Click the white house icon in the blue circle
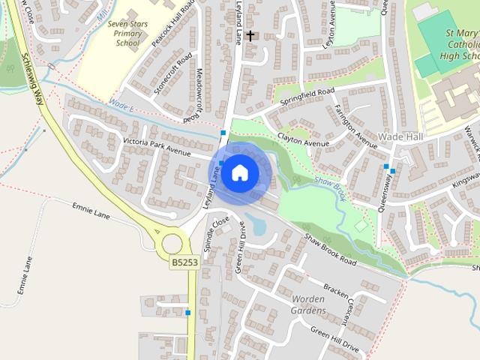pos(239,172)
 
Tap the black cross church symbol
pos(250,35)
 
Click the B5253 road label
pos(184,262)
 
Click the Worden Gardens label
pos(308,304)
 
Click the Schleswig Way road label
pos(33,75)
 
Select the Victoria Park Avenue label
pos(157,145)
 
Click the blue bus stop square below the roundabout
pos(188,313)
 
